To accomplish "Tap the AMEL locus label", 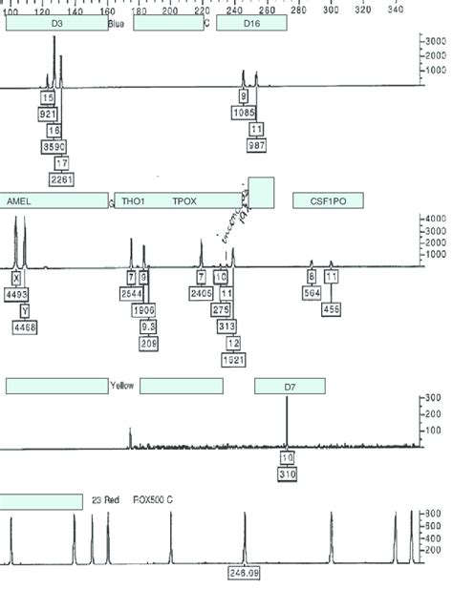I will click(x=19, y=201).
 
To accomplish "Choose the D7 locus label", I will click(x=290, y=386).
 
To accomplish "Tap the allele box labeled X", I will click(x=16, y=278).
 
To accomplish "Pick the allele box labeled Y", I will click(x=25, y=310).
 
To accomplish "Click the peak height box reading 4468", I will click(x=25, y=326).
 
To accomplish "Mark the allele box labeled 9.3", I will click(x=149, y=326).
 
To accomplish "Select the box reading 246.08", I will click(x=243, y=572).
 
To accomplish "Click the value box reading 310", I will click(x=287, y=474).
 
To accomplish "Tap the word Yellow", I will click(x=121, y=386).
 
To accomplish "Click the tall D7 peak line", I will click(x=287, y=420).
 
